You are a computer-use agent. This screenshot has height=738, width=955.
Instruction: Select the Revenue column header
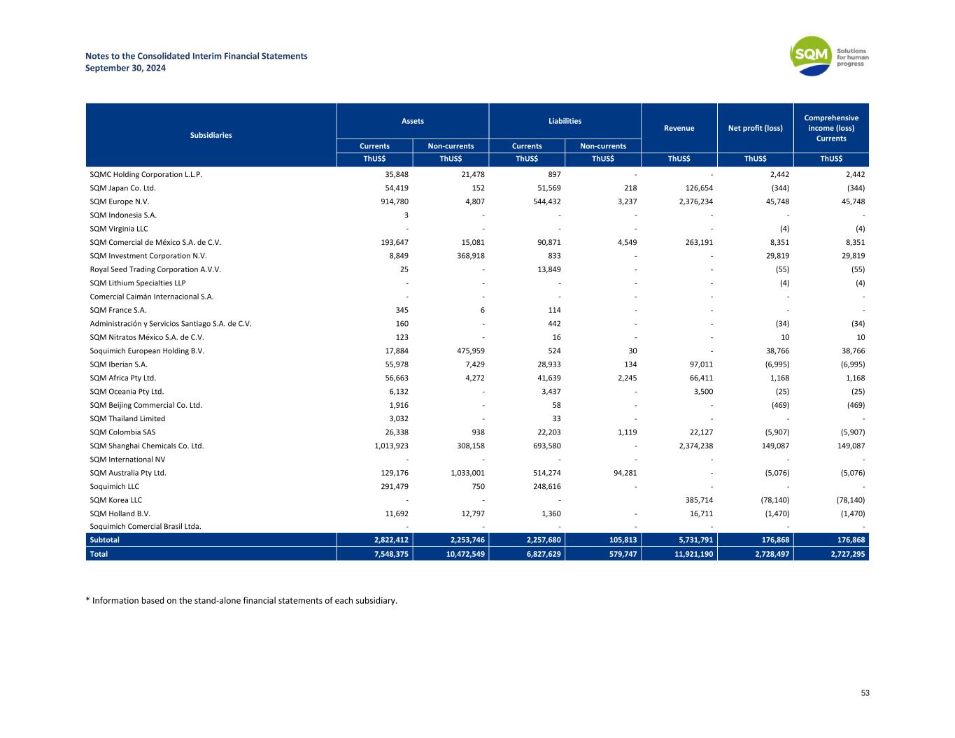[x=679, y=128]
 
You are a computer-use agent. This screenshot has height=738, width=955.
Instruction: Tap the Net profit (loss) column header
[x=755, y=128]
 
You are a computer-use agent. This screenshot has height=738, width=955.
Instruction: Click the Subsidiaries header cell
[x=211, y=135]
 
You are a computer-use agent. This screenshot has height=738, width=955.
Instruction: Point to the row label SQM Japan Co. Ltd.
[x=123, y=188]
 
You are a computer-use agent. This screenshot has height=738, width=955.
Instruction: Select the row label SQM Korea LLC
[x=116, y=500]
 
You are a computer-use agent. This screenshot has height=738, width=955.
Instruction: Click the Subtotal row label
[x=105, y=540]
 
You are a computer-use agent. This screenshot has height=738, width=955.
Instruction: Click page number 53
[x=865, y=693]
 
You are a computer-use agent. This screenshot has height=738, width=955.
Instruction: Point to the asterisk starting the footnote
[x=87, y=600]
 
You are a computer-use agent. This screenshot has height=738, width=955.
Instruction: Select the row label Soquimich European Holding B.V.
[x=147, y=351]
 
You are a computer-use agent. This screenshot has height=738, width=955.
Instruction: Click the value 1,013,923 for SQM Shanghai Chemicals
[x=387, y=446]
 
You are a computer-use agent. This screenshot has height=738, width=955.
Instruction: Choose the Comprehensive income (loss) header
[x=831, y=128]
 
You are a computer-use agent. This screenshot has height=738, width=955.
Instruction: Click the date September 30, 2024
[x=125, y=68]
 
